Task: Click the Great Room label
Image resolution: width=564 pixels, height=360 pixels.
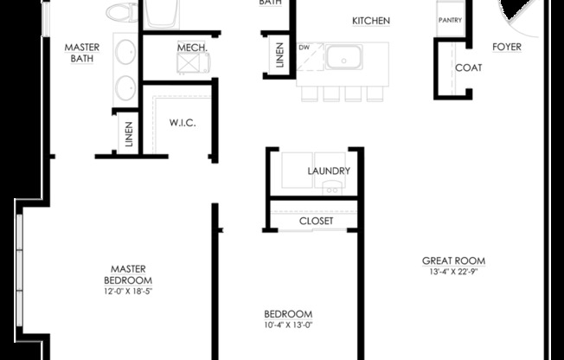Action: [453, 260]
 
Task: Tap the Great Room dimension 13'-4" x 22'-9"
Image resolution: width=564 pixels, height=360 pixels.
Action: [453, 272]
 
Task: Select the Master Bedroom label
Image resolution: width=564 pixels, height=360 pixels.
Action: [128, 274]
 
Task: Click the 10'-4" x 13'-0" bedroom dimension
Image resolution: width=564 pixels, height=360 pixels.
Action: [288, 325]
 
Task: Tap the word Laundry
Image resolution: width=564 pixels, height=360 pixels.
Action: [329, 171]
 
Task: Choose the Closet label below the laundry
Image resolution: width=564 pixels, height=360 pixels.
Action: [317, 221]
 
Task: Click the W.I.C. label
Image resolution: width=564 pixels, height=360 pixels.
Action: [183, 123]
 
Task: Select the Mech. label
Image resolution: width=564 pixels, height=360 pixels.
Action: [190, 48]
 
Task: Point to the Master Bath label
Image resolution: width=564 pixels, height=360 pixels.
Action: [84, 53]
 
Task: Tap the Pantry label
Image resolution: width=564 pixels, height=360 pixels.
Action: [449, 19]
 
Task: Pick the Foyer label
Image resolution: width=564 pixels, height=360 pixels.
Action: [507, 47]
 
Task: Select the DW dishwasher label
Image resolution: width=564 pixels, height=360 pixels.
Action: [304, 48]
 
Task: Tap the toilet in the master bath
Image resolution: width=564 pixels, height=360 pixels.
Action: [119, 12]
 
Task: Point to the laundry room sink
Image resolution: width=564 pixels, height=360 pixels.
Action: [331, 188]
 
